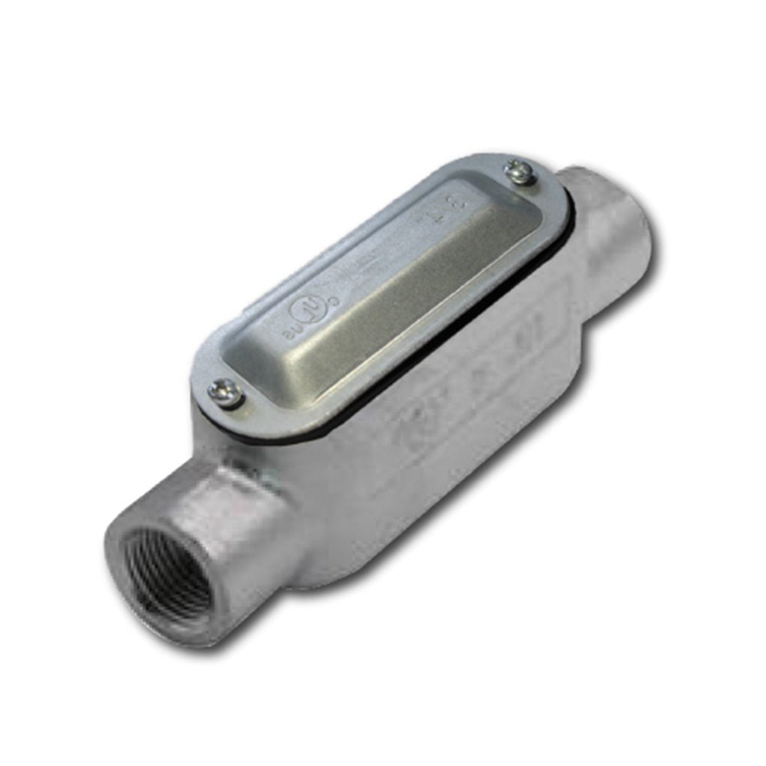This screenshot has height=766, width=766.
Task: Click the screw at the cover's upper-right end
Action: click(x=519, y=174)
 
